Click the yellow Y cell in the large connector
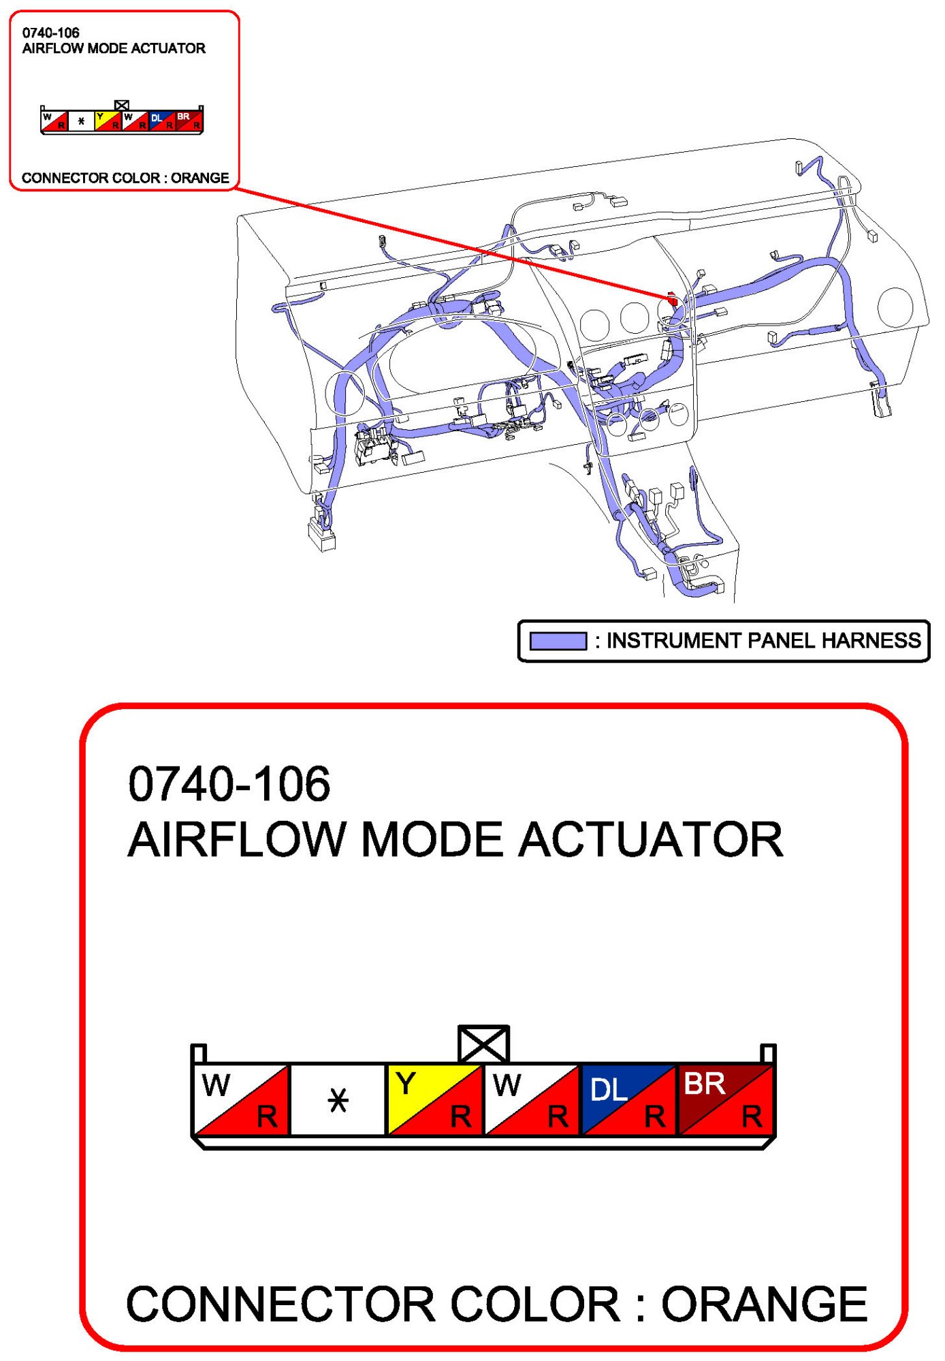coord(434,1099)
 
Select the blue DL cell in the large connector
coord(628,1099)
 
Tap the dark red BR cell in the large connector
coord(726,1099)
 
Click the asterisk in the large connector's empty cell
coord(338,1100)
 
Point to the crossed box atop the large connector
coord(483,1044)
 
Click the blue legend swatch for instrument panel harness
coord(558,640)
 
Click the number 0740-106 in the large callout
coord(229,783)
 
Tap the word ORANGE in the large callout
coord(765,1304)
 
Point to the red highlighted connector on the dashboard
coord(672,298)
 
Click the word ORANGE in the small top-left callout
coord(199,178)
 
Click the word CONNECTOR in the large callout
coord(281,1304)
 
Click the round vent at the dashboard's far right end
coord(895,307)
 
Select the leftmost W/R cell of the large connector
coord(241,1099)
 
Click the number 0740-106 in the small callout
coord(50,33)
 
